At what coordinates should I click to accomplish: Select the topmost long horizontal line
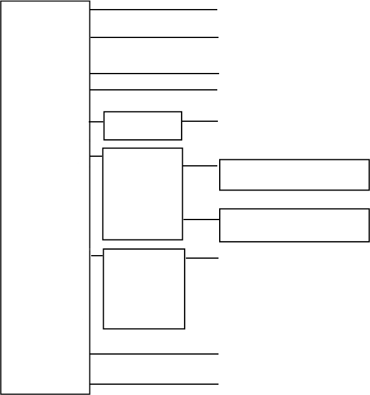(x=154, y=10)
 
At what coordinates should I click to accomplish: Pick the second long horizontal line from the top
(x=154, y=37)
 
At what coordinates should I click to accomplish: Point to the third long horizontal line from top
(x=154, y=74)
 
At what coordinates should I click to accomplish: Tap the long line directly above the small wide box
(x=154, y=90)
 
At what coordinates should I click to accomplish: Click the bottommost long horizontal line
(x=154, y=384)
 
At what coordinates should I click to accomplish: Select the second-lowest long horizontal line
(x=154, y=354)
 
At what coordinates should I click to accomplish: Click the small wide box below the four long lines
(x=142, y=125)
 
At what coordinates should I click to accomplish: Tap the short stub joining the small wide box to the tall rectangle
(x=97, y=122)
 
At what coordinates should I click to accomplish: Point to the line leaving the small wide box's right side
(x=200, y=121)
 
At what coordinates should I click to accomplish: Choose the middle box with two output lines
(x=142, y=194)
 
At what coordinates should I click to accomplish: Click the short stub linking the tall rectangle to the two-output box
(x=96, y=156)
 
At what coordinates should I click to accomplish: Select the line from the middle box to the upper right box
(x=200, y=166)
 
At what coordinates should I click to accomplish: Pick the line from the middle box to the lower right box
(x=201, y=220)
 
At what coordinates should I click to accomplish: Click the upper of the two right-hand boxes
(x=294, y=175)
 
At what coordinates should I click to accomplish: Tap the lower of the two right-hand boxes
(x=294, y=225)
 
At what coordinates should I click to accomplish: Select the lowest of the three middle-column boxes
(x=144, y=289)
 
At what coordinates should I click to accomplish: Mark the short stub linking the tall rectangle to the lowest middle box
(x=97, y=256)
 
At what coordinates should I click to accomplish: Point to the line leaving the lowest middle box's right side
(x=202, y=259)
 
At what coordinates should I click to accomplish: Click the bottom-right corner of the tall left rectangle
(x=89, y=394)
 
